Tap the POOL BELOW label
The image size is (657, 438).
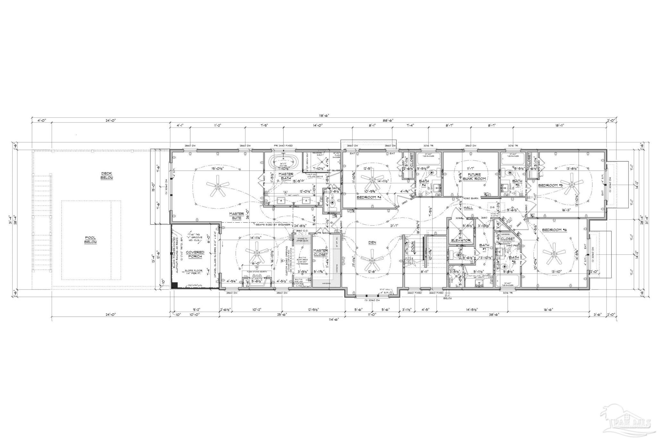point(91,240)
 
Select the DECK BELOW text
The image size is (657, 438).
point(106,175)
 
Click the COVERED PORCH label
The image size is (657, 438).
point(195,254)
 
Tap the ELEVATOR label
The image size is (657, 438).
point(461,240)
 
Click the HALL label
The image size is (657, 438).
point(468,208)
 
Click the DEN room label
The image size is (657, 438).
point(372,243)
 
